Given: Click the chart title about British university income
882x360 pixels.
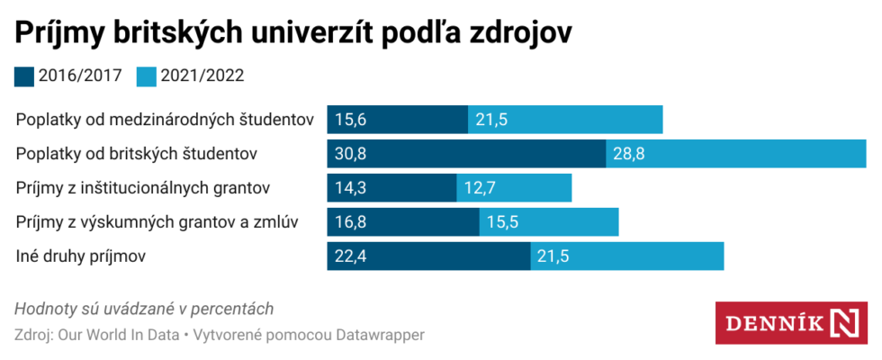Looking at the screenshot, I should click(x=293, y=31).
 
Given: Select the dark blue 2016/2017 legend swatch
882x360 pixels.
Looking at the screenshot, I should click(x=24, y=76).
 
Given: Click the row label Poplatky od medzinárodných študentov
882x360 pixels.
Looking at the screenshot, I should click(x=165, y=120).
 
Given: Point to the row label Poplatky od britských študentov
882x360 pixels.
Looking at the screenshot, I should click(x=138, y=154).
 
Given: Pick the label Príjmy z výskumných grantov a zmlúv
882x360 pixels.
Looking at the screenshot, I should click(x=157, y=222).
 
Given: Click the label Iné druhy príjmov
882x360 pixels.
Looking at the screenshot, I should click(x=81, y=256).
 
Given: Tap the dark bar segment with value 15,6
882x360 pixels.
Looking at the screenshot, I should click(x=397, y=120).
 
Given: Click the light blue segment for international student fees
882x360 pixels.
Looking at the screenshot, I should click(x=565, y=120).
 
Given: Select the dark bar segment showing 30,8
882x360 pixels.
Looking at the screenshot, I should click(x=465, y=154).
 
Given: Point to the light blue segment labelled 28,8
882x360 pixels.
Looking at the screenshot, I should click(x=735, y=154).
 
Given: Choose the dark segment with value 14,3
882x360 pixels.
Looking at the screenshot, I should click(x=391, y=188).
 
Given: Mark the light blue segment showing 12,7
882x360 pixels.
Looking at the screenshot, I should click(x=514, y=188).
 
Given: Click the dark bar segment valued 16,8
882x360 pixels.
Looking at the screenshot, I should click(x=402, y=222).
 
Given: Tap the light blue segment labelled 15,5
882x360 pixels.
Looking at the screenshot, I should click(x=548, y=222).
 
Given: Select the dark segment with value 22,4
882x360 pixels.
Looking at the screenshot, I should click(x=427, y=256).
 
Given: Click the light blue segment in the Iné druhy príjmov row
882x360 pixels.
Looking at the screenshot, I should click(x=626, y=256).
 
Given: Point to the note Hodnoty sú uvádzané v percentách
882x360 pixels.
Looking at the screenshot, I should click(x=144, y=309).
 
